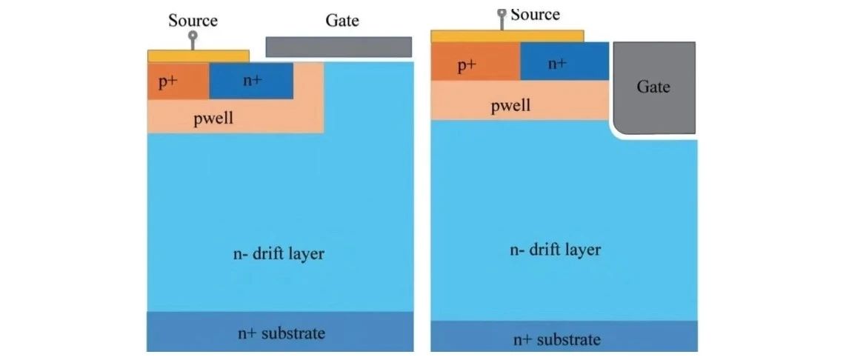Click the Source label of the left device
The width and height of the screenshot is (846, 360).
click(193, 21)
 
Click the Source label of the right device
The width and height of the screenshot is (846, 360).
click(534, 15)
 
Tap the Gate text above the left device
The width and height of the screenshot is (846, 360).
click(342, 21)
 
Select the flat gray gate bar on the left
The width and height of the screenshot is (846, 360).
click(339, 47)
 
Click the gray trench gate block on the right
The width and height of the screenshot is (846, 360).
click(654, 87)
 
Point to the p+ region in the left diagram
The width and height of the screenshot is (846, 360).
click(179, 81)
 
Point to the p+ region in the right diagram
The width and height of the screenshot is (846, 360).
click(476, 61)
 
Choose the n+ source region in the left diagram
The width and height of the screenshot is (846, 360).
click(251, 81)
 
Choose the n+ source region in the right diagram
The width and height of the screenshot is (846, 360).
click(565, 61)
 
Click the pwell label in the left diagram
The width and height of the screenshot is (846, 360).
click(213, 119)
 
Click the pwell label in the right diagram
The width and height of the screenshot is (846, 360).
click(510, 104)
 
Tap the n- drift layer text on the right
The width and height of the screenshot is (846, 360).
click(555, 250)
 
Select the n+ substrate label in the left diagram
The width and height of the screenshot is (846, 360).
click(282, 333)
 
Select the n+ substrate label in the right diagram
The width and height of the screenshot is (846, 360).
click(556, 339)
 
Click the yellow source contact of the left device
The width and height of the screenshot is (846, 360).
click(199, 56)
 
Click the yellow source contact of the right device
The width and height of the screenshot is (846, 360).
click(507, 36)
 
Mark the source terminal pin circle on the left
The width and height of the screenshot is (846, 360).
click(193, 36)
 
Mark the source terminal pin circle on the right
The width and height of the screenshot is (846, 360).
click(502, 13)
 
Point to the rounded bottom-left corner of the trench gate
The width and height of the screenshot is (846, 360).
click(618, 129)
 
